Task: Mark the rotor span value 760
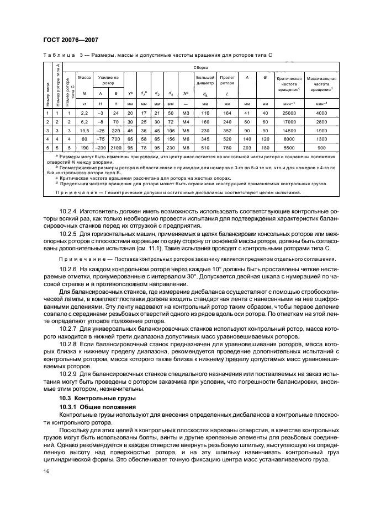pyautogui.click(x=227, y=148)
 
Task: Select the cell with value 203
pyautogui.click(x=247, y=148)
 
